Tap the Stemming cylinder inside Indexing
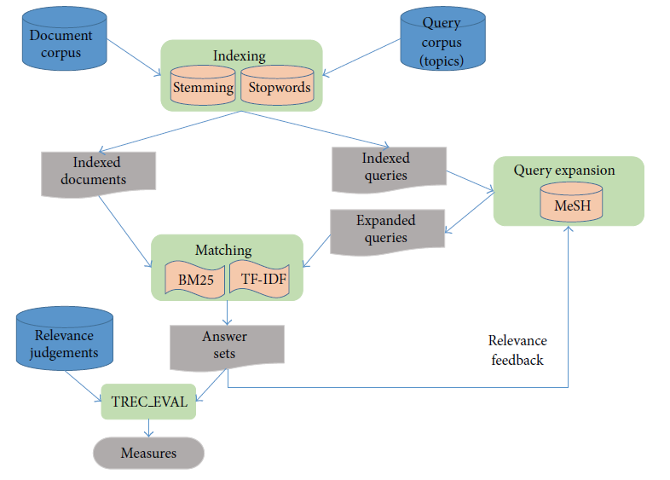(x=203, y=87)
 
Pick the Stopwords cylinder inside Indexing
(x=279, y=87)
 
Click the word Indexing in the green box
(x=240, y=56)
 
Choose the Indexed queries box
(x=387, y=168)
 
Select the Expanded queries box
(x=387, y=229)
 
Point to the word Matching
(x=222, y=250)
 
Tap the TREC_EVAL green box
(x=148, y=402)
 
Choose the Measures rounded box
(x=148, y=453)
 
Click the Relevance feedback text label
(x=517, y=350)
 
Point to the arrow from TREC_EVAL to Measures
(x=148, y=428)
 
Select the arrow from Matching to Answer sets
(x=227, y=312)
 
